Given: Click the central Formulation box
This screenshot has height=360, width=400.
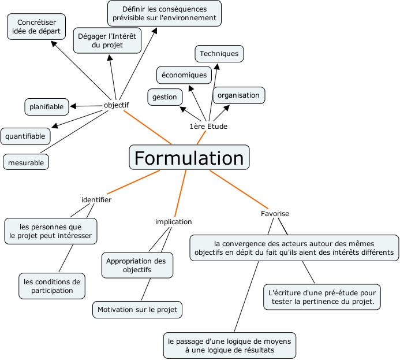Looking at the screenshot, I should [189, 157].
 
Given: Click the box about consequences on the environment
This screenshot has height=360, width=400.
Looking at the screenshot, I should [165, 13].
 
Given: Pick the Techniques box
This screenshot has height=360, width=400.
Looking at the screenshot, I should [219, 54].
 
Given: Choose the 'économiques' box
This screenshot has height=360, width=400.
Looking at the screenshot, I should [184, 75].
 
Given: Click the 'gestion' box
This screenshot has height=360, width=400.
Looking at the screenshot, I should [165, 97].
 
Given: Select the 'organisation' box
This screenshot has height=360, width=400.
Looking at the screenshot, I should [238, 95].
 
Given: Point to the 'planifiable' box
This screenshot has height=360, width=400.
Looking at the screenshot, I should [47, 106].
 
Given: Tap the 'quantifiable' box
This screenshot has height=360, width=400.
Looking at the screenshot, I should [25, 136].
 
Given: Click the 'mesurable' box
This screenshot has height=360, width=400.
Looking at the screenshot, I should [26, 163].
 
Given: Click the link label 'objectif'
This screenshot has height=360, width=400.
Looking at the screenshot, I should [116, 105].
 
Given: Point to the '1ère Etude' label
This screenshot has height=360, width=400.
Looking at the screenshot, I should [208, 126].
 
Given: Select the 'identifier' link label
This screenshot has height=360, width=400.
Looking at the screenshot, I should [96, 199].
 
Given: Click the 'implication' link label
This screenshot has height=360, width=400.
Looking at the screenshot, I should [173, 221].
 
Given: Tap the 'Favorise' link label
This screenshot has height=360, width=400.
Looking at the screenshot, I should [275, 213].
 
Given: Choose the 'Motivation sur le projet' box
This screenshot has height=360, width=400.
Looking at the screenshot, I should [137, 310].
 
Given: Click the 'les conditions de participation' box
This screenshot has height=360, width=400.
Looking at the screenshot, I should [52, 286].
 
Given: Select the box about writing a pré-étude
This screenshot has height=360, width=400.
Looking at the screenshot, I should [322, 296].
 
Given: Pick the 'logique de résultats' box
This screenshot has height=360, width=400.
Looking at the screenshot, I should [230, 346].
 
